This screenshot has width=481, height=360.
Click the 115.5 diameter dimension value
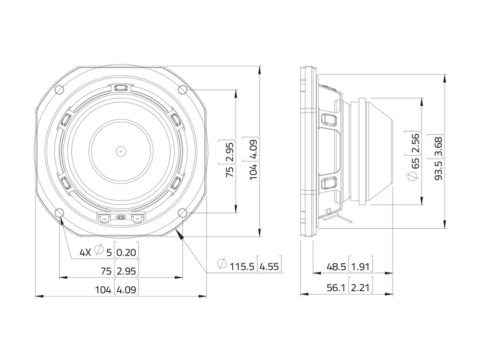(x=242, y=266)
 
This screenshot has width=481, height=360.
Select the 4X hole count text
(x=86, y=252)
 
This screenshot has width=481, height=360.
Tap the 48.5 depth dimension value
(x=336, y=266)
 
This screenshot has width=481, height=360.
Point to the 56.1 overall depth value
(x=336, y=287)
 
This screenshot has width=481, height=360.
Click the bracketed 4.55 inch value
(x=269, y=266)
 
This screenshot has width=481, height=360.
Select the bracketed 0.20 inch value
(x=127, y=252)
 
